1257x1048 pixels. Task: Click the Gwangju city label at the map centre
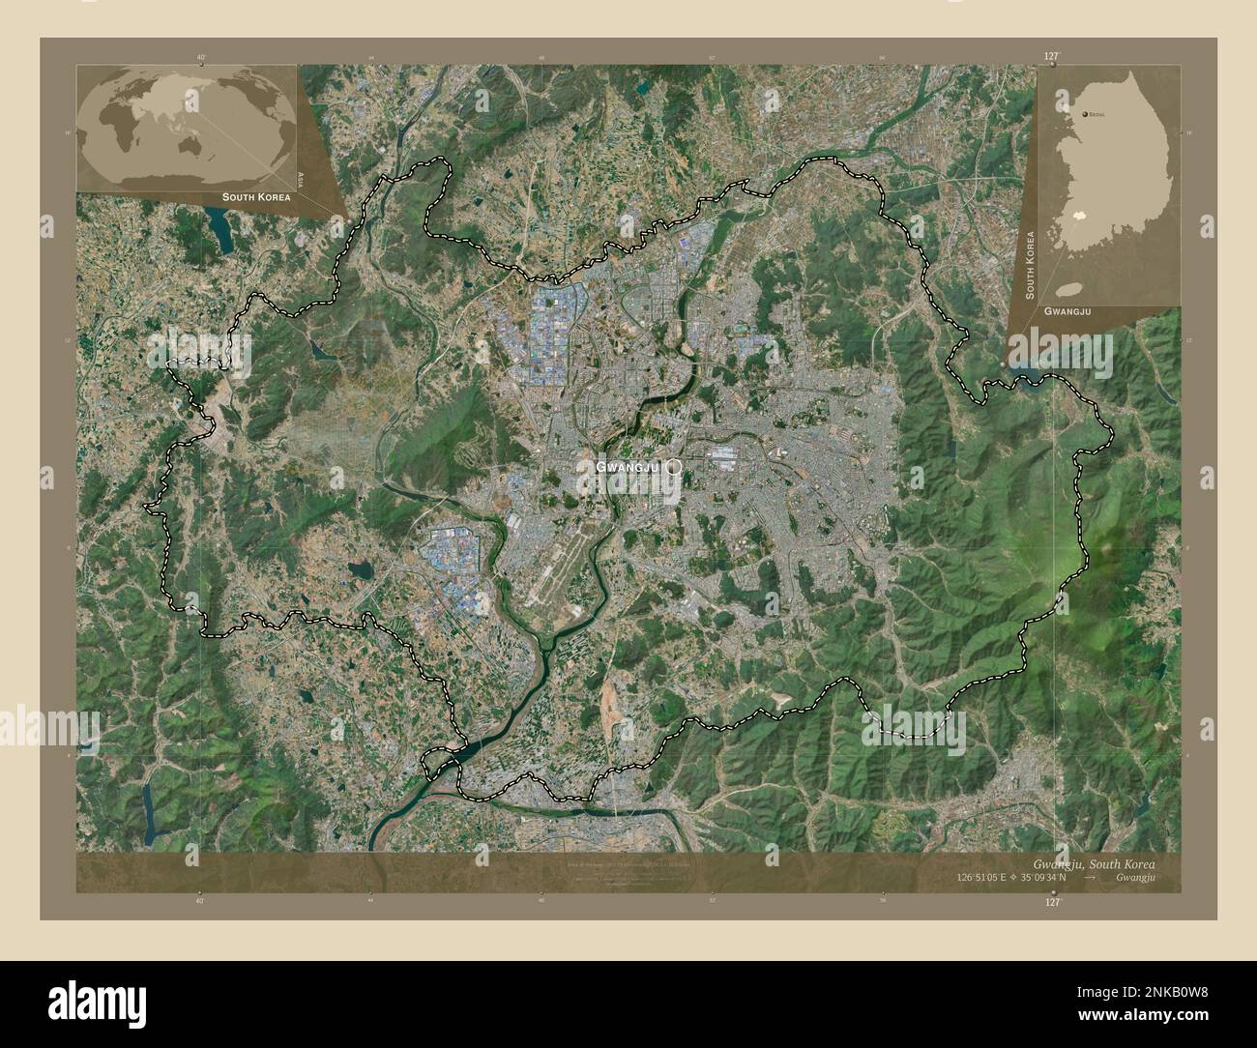(x=627, y=467)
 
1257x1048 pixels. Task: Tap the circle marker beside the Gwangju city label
(x=674, y=466)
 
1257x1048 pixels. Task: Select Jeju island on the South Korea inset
(x=1067, y=288)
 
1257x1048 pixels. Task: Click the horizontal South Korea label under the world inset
(x=255, y=196)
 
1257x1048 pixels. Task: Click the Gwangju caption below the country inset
(x=1067, y=311)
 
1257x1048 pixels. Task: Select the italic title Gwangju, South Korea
(x=1093, y=862)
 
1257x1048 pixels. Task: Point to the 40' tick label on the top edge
(x=199, y=58)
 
